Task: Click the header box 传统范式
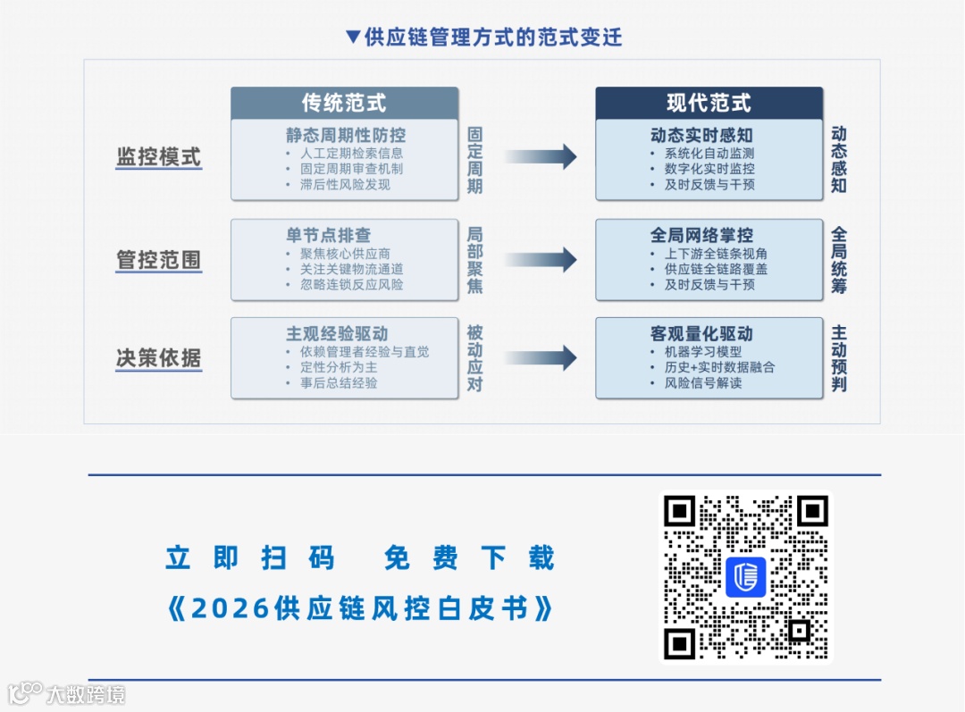[344, 103]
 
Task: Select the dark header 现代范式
[709, 103]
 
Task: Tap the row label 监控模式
[159, 157]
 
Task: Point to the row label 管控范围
[159, 260]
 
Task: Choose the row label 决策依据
[159, 358]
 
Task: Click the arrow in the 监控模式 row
[541, 157]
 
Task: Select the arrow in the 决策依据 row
[541, 358]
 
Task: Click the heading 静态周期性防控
[346, 135]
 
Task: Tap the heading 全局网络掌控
[701, 235]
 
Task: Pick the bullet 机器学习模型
[703, 352]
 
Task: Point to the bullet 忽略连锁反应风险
[351, 284]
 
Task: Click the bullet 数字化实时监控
[709, 169]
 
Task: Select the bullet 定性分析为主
[339, 367]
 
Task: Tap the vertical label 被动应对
[474, 358]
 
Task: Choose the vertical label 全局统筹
[839, 260]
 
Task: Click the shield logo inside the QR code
[745, 577]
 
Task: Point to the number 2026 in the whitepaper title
[231, 609]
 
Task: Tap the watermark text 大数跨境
[85, 694]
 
